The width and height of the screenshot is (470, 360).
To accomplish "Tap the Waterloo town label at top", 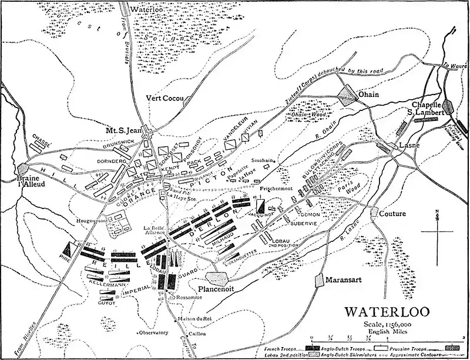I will tap(149, 9).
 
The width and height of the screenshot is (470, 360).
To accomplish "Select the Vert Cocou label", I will tap(165, 99).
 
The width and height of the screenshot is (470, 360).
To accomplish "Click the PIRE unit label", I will tap(65, 257).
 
